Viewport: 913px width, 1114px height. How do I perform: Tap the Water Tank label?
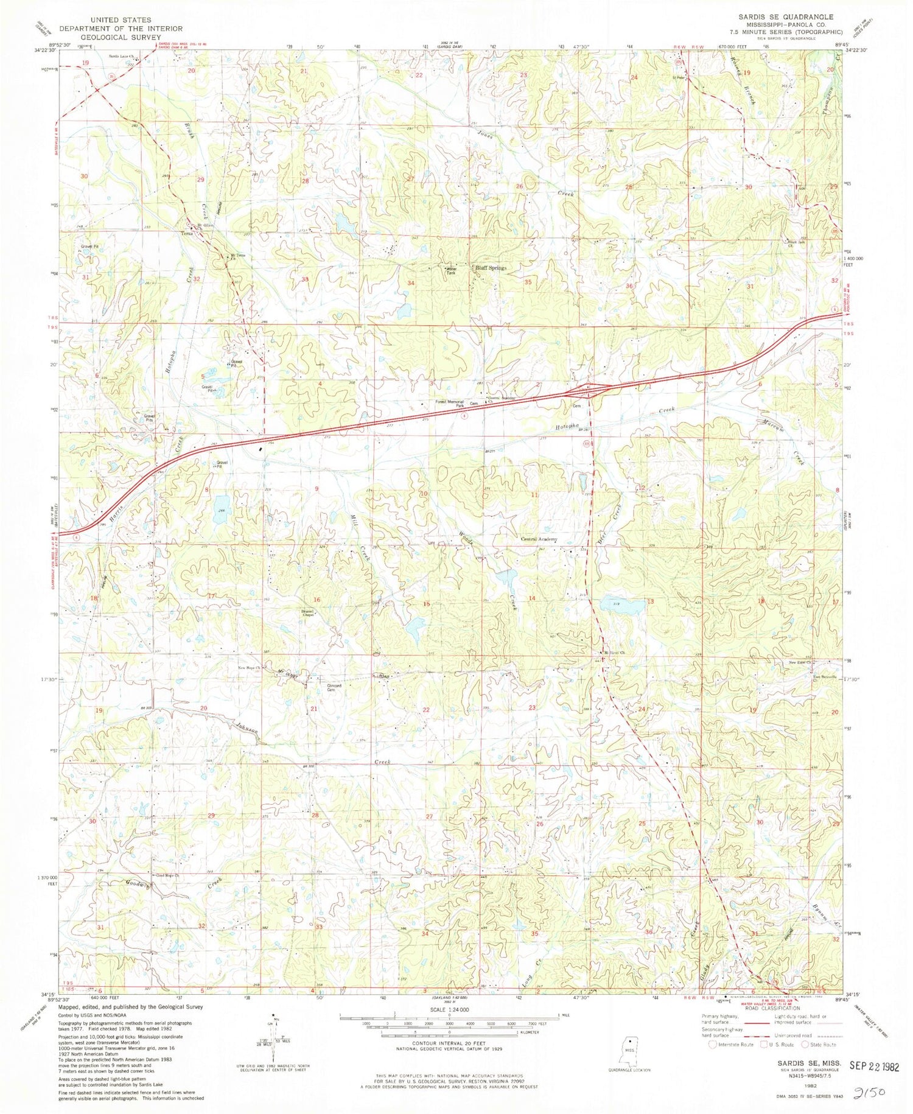451,270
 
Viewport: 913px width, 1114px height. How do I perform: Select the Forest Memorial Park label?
449,403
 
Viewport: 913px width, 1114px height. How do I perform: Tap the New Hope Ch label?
250,668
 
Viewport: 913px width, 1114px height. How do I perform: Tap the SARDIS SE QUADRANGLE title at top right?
786,17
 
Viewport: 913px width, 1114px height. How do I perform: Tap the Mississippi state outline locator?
629,1051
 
